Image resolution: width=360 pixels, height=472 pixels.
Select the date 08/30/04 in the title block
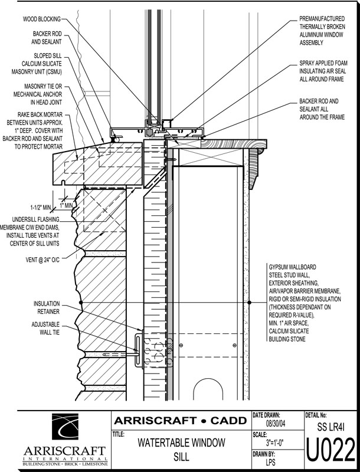click(x=276, y=424)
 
